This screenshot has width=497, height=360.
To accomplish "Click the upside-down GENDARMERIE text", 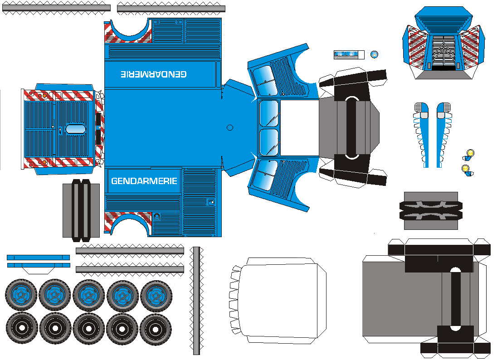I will pos(154,73).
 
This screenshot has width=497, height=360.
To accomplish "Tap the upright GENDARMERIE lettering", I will pos(144,181).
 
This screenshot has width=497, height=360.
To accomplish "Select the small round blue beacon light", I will pos(374,54).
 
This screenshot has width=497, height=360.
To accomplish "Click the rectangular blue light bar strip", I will pos(349,54).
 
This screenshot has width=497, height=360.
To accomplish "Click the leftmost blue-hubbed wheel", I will pos(21,295).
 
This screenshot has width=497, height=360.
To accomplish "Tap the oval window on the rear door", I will pos(76,129).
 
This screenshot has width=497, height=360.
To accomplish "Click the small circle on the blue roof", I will pos(229,127).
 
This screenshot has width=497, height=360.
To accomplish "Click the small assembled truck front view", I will pos(444,43).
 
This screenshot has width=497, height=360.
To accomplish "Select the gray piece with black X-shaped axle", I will pos(430,210).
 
